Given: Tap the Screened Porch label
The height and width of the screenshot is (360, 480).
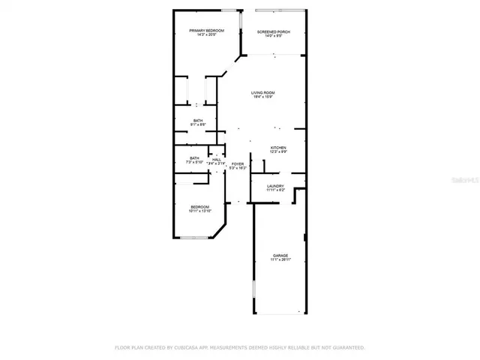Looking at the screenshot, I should coord(274,31).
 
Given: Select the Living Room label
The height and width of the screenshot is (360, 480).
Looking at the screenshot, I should coord(262,92).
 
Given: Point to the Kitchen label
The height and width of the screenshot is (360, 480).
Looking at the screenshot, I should coord(279,148).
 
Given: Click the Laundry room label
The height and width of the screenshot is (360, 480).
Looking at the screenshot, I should coord(275,186).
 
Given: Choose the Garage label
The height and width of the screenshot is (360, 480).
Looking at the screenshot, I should coord(279,256).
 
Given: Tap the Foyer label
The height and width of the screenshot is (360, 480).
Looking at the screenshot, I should coord(238,163).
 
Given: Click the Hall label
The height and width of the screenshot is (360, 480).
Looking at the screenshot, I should coord(217,159).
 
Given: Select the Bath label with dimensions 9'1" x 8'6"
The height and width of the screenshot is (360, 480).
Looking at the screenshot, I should coord(197,120).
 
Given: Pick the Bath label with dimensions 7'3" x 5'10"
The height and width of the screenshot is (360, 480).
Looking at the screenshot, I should coord(194,157).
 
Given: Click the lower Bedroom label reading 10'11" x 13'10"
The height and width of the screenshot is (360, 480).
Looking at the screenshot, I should coord(199,207).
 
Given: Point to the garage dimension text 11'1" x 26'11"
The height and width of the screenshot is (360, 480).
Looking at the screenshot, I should coord(279,260).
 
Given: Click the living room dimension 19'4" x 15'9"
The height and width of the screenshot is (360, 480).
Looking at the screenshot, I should coord(262,97).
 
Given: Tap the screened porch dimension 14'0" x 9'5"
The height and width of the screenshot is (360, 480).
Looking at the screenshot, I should coord(274,36).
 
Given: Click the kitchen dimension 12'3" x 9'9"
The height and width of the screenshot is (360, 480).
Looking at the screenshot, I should coord(279,152).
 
